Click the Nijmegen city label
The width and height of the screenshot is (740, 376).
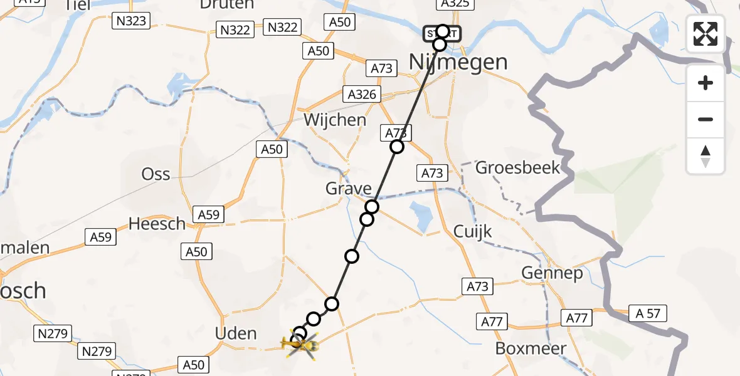coord(458,62)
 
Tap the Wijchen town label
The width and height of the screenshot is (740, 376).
coord(335,120)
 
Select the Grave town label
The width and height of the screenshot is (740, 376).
coord(348,188)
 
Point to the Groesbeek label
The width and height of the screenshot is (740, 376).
coord(517,168)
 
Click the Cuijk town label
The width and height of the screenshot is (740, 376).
coord(473,232)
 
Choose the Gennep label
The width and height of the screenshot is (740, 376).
coord(552,273)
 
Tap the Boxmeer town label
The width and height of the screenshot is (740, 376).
coord(531,348)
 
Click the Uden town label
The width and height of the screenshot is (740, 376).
coord(236,333)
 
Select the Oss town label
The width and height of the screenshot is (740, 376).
coord(156,174)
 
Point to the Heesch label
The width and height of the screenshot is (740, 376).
coord(157,223)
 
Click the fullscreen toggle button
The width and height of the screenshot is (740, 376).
coord(706,34)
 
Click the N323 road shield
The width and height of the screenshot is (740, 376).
coord(131,21)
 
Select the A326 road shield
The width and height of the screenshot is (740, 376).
coord(362,95)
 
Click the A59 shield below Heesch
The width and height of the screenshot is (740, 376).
coord(100,237)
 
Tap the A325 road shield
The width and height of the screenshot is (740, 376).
coord(454,4)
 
